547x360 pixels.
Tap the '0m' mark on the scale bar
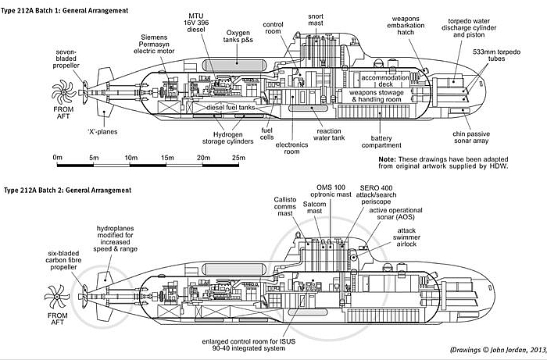(x=58, y=158)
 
